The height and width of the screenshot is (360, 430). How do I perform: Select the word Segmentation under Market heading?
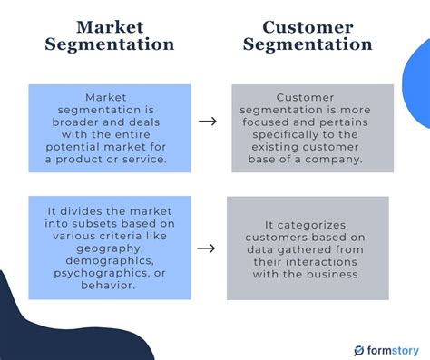coord(110,44)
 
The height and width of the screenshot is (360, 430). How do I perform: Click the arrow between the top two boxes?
coord(207,122)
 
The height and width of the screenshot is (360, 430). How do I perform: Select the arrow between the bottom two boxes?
coord(207,248)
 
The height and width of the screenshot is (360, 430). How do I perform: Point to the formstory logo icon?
coord(359,349)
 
